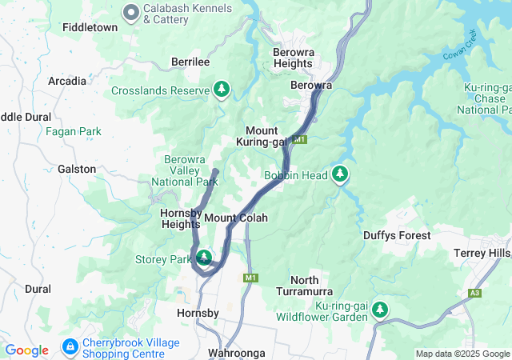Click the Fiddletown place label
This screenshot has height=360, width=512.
pos(90,27)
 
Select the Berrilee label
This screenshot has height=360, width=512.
pos(190,62)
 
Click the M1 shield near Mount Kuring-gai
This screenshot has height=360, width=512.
pos(300,140)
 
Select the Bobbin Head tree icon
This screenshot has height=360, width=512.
pos(341,174)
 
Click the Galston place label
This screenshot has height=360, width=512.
pos(77,170)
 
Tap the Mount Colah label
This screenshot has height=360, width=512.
pos(235,218)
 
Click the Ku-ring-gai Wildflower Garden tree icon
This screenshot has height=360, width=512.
pos(380,310)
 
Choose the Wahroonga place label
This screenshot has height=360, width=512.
pos(234,353)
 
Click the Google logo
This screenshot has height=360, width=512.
pos(27,350)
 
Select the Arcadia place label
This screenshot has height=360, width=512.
pos(67,81)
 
